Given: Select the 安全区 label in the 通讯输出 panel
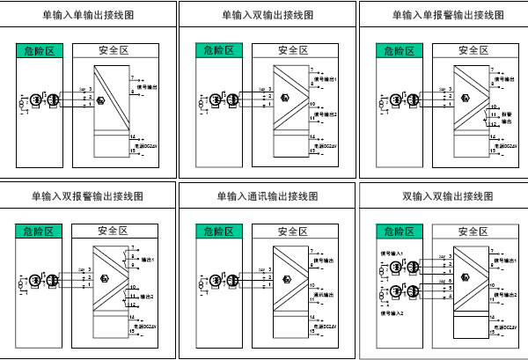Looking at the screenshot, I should coord(292,231).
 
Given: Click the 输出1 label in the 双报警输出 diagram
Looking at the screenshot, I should coord(148,260).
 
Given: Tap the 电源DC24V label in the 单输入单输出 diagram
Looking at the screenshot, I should coord(149,144).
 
